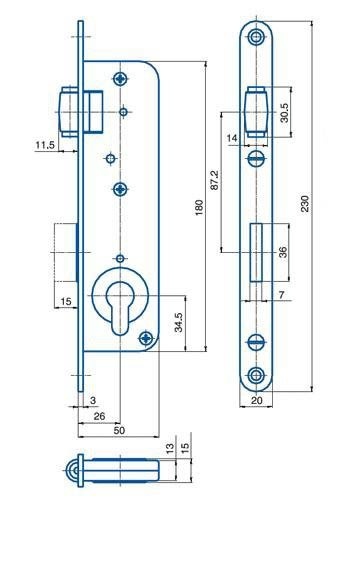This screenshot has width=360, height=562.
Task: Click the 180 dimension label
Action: coord(199,207)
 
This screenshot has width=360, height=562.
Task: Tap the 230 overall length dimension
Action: coord(304,204)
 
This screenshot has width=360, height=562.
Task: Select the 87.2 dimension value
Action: coord(215,180)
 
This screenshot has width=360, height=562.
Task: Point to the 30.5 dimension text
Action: coord(284,113)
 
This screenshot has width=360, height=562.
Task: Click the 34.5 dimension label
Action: coord(179,322)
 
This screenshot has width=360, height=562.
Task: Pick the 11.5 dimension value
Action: coord(45,145)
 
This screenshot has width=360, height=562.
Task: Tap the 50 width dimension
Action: coord(119,430)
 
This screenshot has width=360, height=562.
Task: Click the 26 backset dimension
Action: coord(99,416)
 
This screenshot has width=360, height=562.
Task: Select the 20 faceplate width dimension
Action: coord(256,400)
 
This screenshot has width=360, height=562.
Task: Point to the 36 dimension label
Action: coord(283,252)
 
